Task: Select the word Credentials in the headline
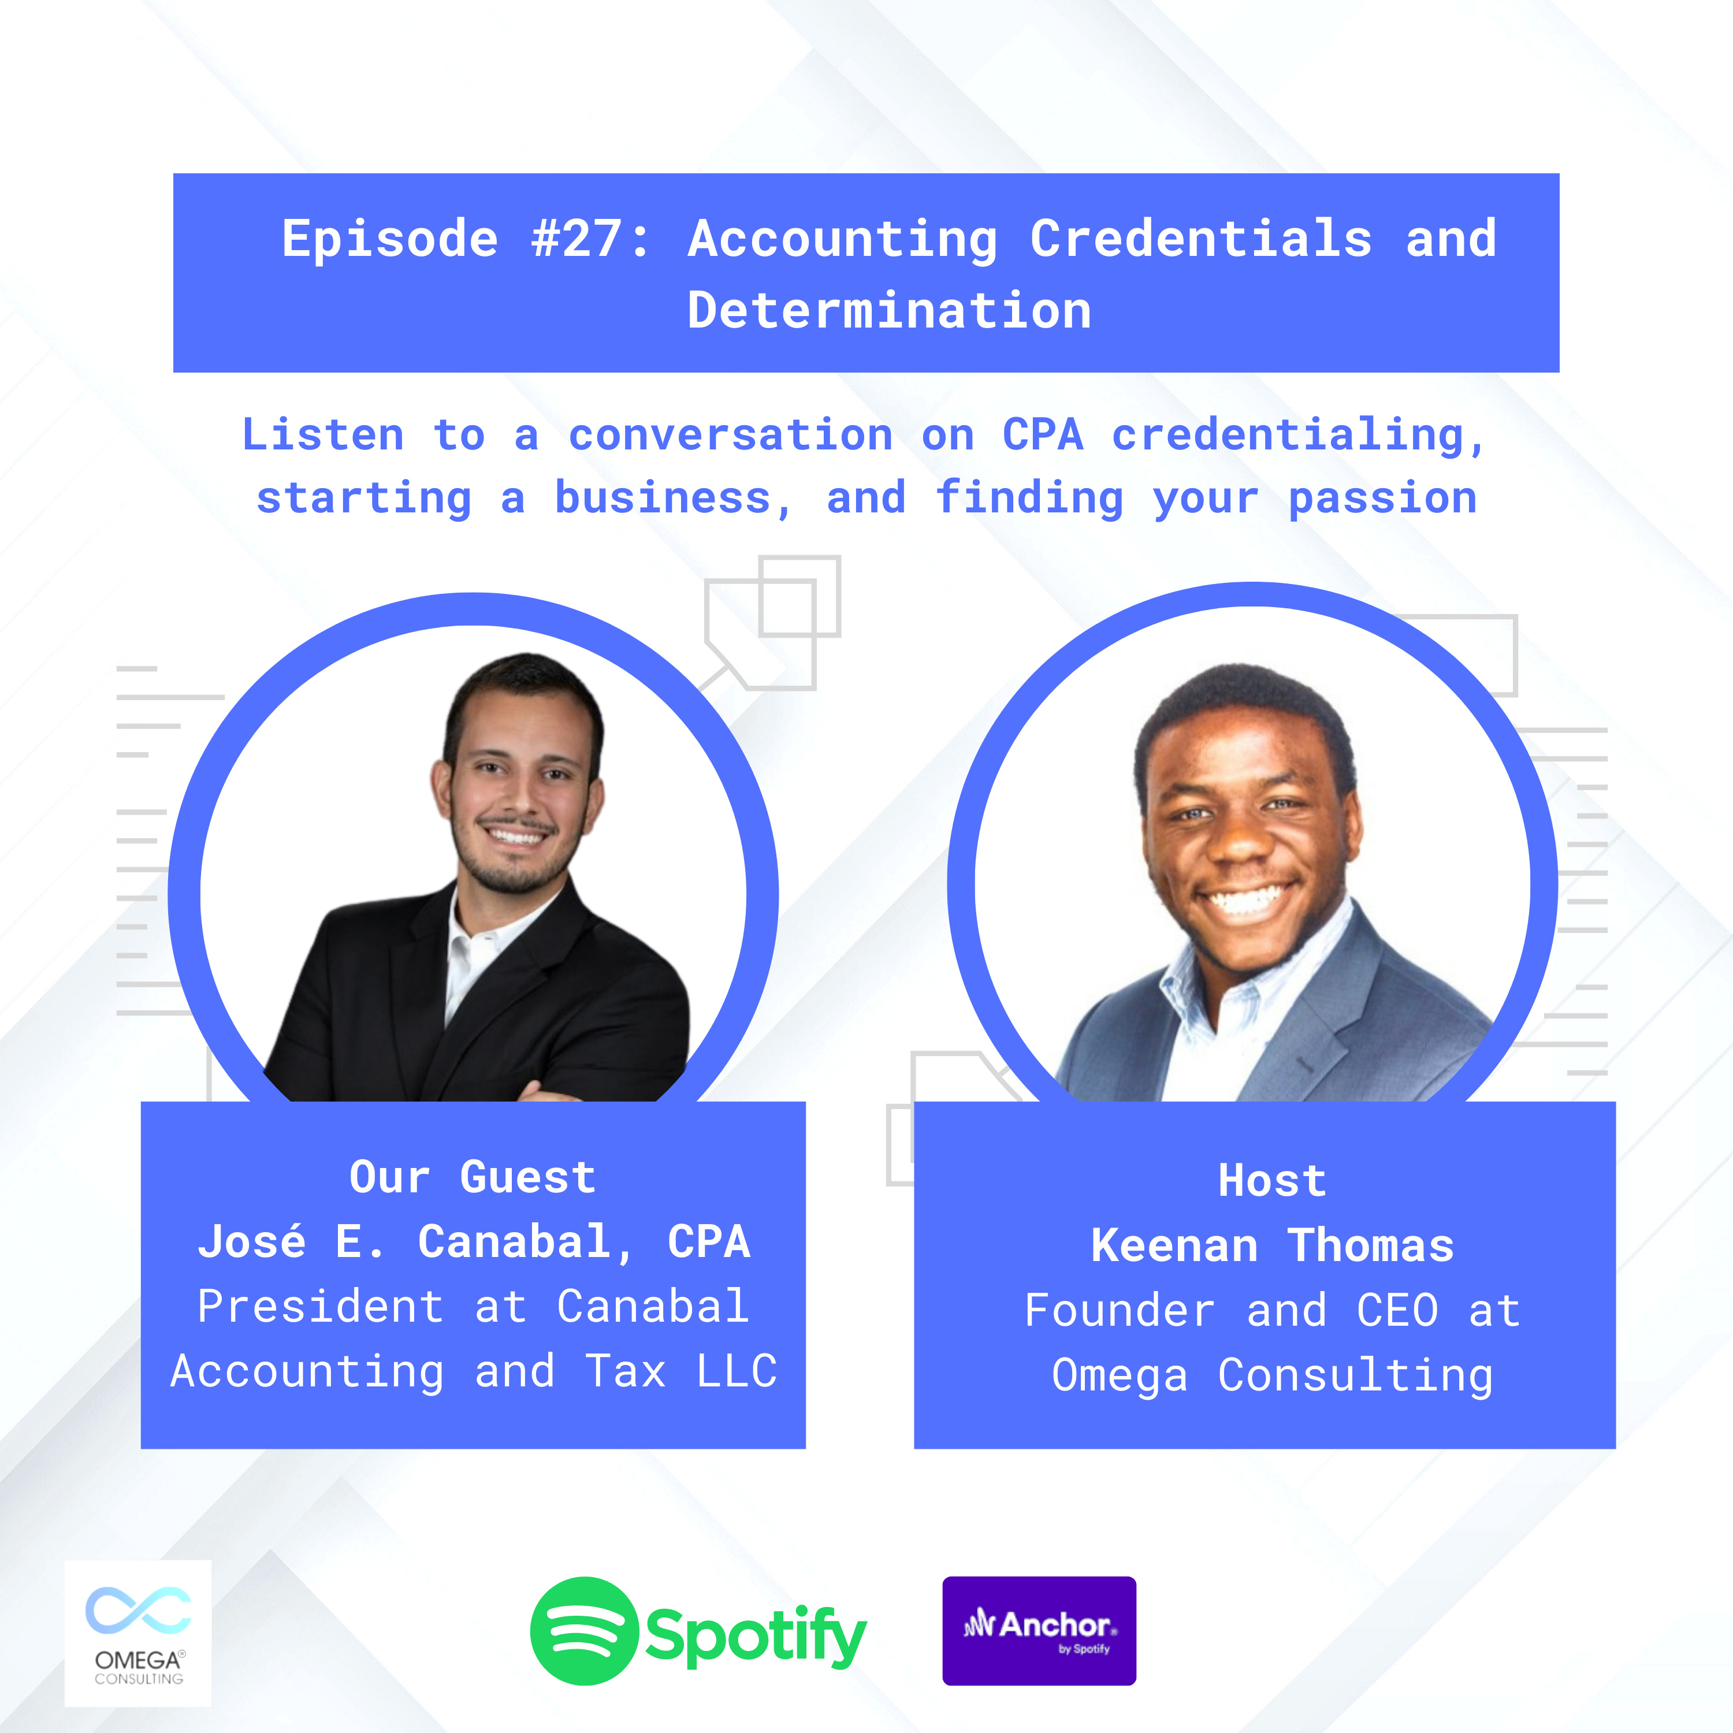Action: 1200,239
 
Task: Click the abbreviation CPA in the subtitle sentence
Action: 1042,435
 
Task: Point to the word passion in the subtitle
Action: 1382,499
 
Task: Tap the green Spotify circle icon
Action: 584,1631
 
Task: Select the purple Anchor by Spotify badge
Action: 1039,1631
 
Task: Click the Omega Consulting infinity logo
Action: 138,1610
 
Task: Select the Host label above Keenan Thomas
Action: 1272,1180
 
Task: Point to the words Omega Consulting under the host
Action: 1272,1376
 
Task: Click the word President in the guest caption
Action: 320,1306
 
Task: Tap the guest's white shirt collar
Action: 485,933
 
